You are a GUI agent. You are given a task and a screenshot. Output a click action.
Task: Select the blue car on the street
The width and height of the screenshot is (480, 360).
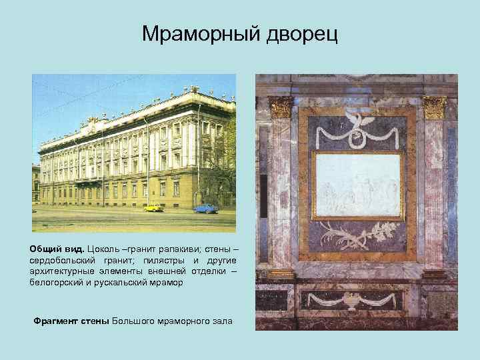tap(205, 209)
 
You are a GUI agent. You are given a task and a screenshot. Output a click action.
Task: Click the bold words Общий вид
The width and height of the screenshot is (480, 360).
tap(56, 247)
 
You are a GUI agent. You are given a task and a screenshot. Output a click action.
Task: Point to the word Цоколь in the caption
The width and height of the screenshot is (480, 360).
tap(106, 247)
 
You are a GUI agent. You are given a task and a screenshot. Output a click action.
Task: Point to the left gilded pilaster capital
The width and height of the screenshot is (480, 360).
tap(281, 107)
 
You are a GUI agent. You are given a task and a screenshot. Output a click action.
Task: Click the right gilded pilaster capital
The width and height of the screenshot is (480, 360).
tap(435, 107)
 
